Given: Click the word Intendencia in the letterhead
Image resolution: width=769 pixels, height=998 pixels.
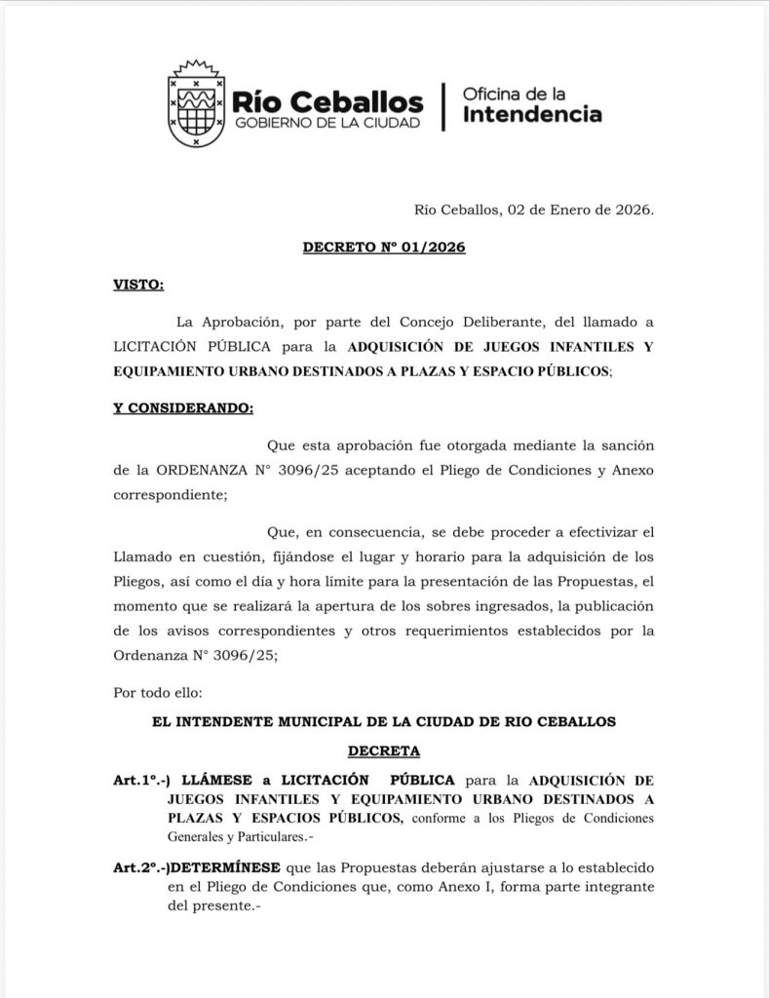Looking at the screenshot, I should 531,115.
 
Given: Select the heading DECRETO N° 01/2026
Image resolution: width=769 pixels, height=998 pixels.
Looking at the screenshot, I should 384,248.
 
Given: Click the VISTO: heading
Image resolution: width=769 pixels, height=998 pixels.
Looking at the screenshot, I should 138,285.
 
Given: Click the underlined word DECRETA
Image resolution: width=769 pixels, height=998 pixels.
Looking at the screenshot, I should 384,751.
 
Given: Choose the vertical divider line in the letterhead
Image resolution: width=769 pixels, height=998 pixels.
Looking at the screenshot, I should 444,105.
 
